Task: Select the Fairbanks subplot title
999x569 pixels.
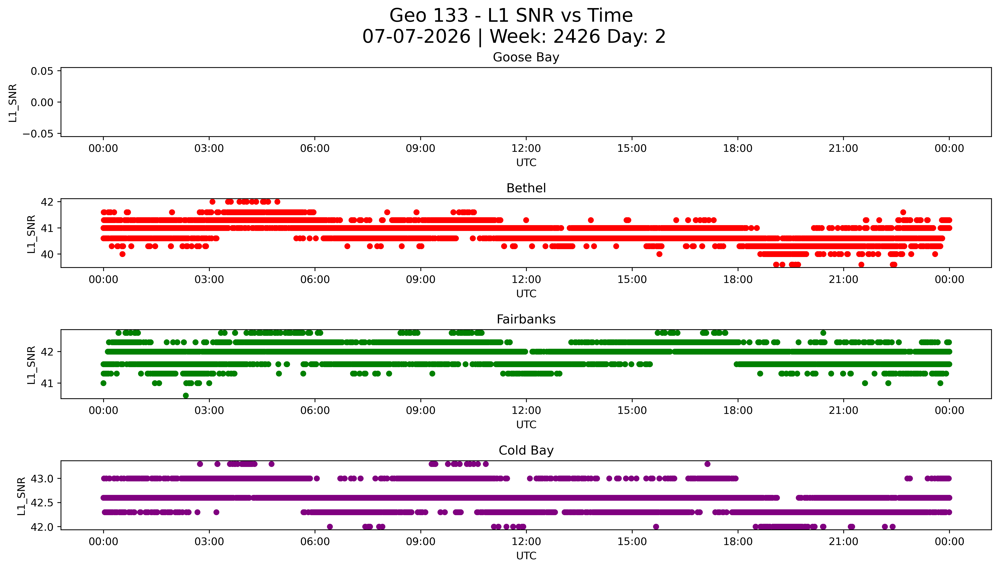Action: coord(526,319)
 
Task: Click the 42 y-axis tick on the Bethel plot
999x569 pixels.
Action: coord(47,202)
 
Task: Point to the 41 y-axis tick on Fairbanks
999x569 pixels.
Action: coord(47,383)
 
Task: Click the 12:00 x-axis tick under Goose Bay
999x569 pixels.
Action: coord(526,149)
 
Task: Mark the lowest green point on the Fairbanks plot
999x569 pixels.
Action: coord(186,395)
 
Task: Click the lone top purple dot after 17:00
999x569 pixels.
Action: coord(707,464)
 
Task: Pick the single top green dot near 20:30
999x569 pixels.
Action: coord(823,333)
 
